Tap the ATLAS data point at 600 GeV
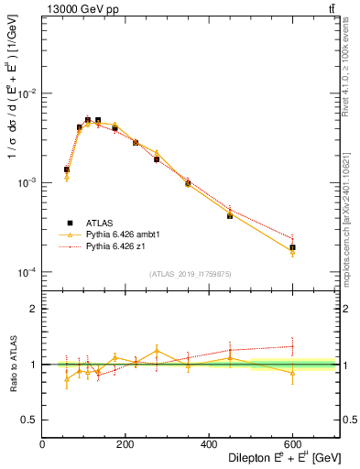click(x=292, y=247)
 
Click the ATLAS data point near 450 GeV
click(x=230, y=215)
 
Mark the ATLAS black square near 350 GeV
click(x=188, y=183)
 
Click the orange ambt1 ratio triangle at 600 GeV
click(x=292, y=373)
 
